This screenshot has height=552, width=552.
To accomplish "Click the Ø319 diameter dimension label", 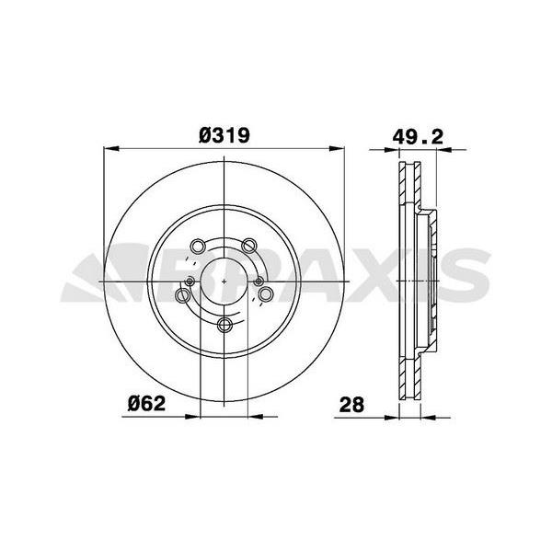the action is pos(224,135).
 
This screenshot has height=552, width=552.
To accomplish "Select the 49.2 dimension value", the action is pos(418,136).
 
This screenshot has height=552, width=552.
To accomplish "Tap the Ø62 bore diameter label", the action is pos(146,404).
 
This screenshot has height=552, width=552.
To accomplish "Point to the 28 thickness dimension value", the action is pos(351,405).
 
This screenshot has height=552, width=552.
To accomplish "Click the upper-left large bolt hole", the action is pos(198,246).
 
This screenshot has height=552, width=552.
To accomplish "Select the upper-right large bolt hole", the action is pos(249,246).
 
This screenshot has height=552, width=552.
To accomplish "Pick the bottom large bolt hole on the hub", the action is pos(224,324).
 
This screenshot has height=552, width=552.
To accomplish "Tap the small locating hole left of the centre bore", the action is pos(190,281).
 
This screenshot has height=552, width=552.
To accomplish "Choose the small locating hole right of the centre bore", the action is pos(259,281).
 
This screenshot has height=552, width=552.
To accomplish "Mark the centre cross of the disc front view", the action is pos(224,281).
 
